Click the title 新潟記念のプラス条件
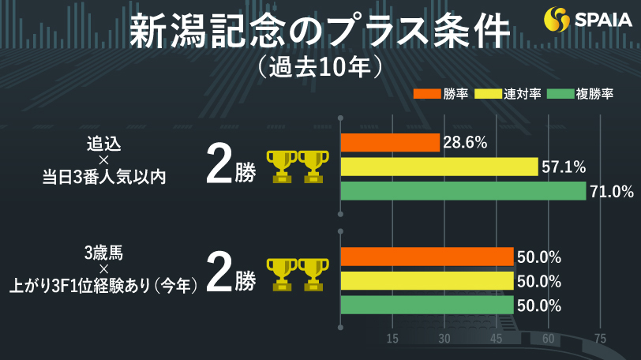tap(320, 32)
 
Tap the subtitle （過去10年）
tap(320, 67)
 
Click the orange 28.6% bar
tap(390, 143)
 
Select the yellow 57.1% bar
tap(439, 167)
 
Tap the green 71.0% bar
tap(463, 191)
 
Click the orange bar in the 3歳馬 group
tap(426, 257)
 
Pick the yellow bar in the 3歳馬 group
tap(426, 281)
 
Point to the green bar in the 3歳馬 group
tap(426, 306)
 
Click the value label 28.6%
tap(465, 143)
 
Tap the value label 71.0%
tap(613, 191)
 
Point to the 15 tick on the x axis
tap(392, 339)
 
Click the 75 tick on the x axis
tap(600, 339)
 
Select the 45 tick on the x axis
tap(496, 339)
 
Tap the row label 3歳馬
tap(103, 254)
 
